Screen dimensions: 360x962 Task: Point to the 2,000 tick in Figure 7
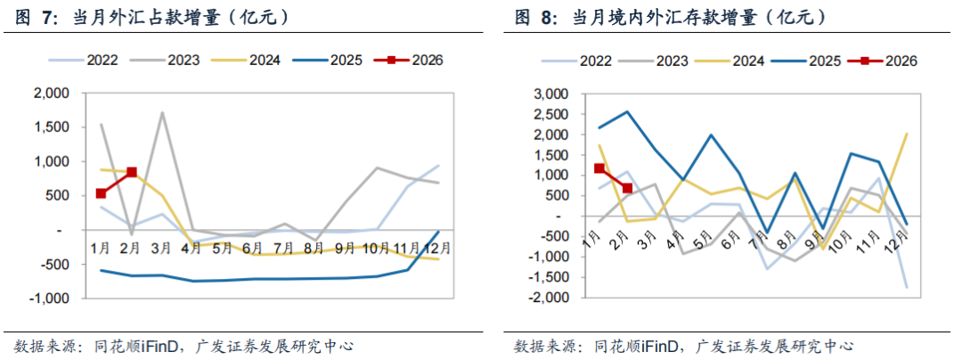(52, 93)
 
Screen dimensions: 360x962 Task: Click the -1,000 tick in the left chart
(49, 299)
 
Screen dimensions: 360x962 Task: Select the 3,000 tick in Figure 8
(549, 94)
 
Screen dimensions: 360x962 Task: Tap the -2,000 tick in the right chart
(546, 298)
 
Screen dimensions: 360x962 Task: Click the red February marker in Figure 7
(132, 172)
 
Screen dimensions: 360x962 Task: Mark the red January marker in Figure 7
(101, 193)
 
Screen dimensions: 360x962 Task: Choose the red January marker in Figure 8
(599, 168)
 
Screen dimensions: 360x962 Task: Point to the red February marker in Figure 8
(627, 188)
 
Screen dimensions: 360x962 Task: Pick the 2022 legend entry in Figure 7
(98, 61)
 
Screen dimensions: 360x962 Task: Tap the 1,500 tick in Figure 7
(52, 127)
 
